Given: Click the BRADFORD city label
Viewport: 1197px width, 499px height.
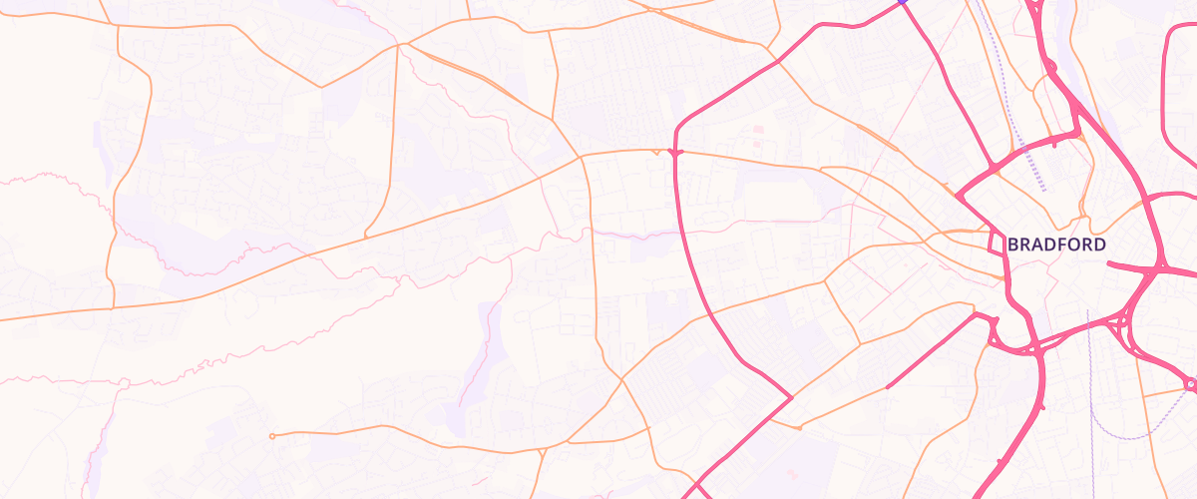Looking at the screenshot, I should click(1056, 245).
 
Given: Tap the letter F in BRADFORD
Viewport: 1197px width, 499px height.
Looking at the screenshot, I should click(1062, 245).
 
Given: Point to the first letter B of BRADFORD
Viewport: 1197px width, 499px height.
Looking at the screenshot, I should click(1012, 245).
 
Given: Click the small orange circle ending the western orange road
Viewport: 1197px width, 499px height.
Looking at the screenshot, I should click(272, 436).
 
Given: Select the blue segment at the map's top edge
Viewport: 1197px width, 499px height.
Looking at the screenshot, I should click(902, 2).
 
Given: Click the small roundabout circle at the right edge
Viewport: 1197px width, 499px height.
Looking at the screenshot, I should click(1189, 383).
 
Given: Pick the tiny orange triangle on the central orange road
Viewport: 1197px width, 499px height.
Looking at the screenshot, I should click(654, 153).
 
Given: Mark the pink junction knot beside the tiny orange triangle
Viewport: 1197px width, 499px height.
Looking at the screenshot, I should click(676, 152).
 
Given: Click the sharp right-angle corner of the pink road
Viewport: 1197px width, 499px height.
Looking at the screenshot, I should click(792, 397).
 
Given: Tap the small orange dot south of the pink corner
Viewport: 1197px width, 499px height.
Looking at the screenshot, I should click(799, 428).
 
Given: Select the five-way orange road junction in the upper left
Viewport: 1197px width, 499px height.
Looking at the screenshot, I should click(398, 44).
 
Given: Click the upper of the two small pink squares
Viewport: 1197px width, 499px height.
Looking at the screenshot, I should click(758, 130).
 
